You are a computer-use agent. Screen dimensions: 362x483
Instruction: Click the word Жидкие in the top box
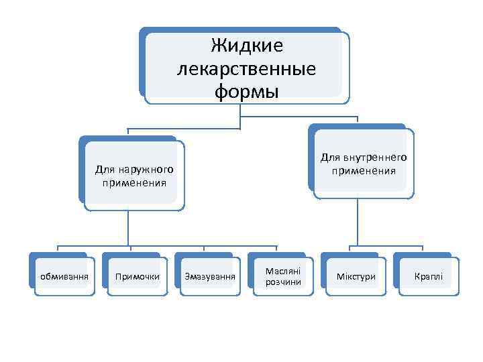246,46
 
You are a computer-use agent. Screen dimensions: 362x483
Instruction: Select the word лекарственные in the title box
246,68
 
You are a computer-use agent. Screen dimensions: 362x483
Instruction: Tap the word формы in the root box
246,91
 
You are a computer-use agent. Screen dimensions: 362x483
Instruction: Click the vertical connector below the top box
240,114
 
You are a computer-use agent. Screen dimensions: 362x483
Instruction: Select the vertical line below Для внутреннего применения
358,221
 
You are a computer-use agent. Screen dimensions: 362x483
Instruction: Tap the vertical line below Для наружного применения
128,228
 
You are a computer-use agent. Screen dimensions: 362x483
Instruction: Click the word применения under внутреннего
363,170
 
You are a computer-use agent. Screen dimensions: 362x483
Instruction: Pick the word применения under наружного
134,182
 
